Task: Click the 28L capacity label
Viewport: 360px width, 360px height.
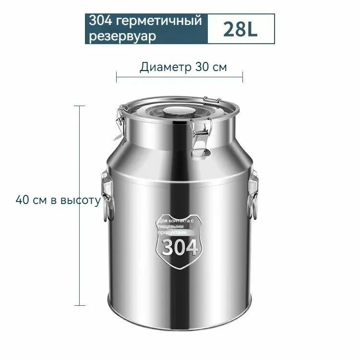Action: pos(240,29)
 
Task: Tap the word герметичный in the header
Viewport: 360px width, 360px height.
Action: pos(158,21)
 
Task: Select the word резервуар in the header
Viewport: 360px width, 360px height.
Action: pos(122,36)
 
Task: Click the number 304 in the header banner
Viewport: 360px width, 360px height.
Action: pos(101,20)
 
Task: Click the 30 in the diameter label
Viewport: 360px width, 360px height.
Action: pos(202,67)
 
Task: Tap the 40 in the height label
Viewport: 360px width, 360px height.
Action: pos(23,200)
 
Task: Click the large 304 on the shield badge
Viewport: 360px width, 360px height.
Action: pos(180,248)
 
